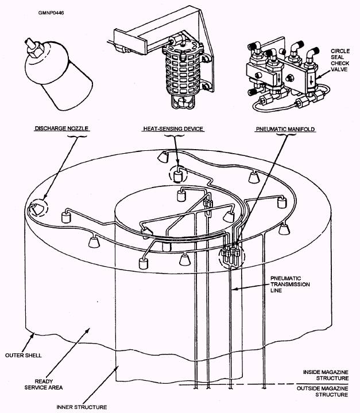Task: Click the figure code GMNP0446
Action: click(x=51, y=13)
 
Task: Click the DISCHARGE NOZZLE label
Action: click(x=61, y=128)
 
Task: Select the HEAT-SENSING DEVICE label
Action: click(x=173, y=129)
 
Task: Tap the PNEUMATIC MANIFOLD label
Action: click(x=285, y=129)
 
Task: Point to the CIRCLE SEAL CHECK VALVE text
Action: click(x=340, y=60)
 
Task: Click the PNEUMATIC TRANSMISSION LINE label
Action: click(x=290, y=285)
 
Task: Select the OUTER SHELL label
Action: click(x=24, y=355)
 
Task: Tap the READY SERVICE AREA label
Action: click(x=44, y=384)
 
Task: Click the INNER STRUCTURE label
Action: click(x=82, y=407)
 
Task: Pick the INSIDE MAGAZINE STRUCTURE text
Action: click(x=326, y=375)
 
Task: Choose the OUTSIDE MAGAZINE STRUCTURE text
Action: click(x=323, y=391)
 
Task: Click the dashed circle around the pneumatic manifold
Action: click(x=219, y=257)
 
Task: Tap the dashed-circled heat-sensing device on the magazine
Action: click(x=179, y=177)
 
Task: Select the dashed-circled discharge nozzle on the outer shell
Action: click(x=36, y=209)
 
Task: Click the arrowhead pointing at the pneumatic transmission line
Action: click(x=234, y=289)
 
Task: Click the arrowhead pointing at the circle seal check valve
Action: click(x=318, y=77)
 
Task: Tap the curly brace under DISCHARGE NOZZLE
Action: click(x=77, y=136)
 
